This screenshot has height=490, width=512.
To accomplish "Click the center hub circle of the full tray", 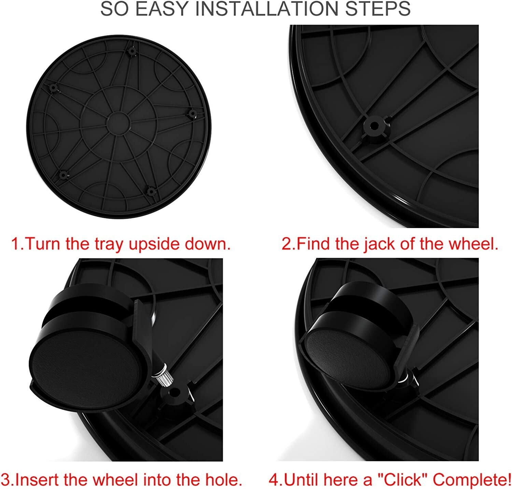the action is click(118, 122).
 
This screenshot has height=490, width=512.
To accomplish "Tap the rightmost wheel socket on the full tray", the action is click(192, 114).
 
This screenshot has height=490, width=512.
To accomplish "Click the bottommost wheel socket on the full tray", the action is click(151, 191).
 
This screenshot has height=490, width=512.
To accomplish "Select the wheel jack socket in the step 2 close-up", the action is click(374, 126).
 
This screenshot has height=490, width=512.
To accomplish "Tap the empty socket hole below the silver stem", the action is click(176, 393).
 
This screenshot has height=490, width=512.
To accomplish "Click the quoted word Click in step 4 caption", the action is click(402, 480).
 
